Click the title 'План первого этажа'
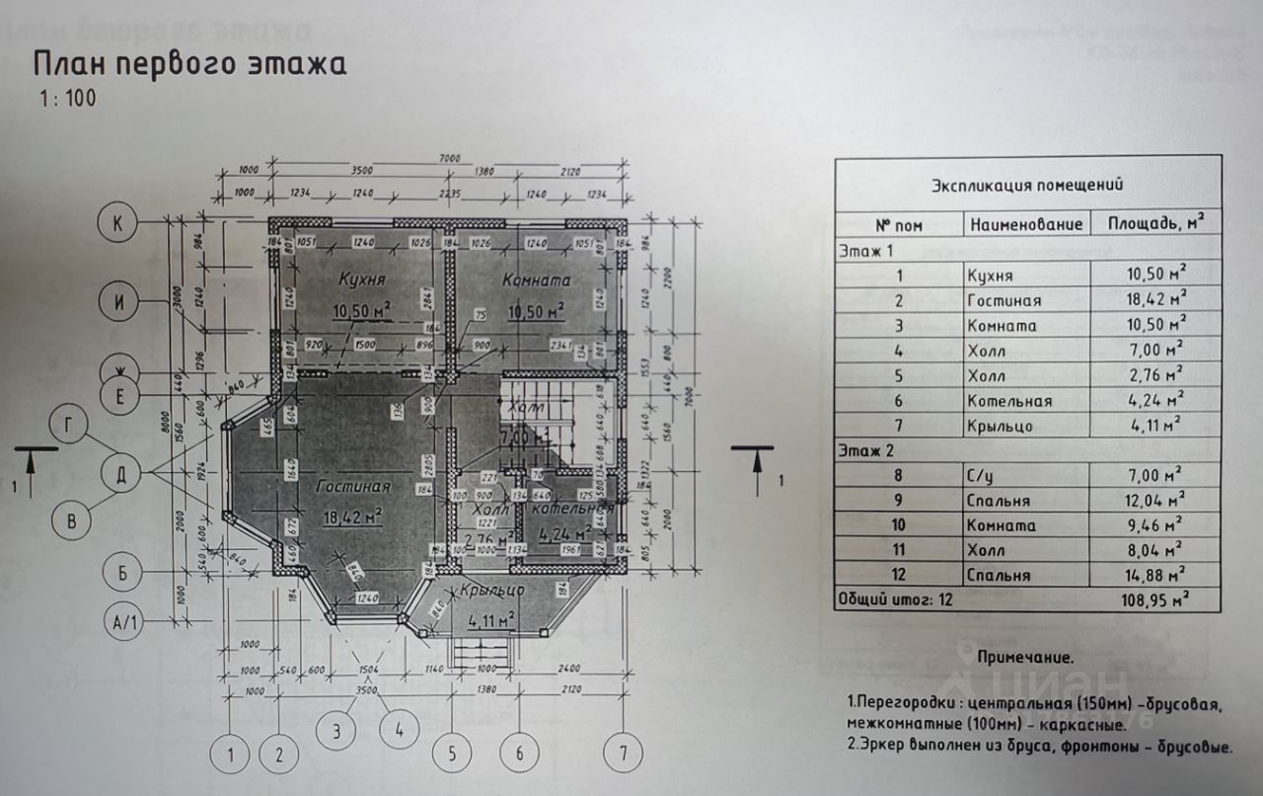pyautogui.click(x=190, y=65)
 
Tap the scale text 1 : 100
pyautogui.click(x=68, y=99)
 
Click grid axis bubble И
pyautogui.click(x=119, y=303)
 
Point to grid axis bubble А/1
pyautogui.click(x=127, y=623)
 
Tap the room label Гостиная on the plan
pyautogui.click(x=354, y=486)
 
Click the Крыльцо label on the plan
pyautogui.click(x=490, y=590)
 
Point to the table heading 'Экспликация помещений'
pyautogui.click(x=1027, y=185)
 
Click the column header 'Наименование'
pyautogui.click(x=1026, y=225)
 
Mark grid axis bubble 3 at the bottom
pyautogui.click(x=336, y=732)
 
